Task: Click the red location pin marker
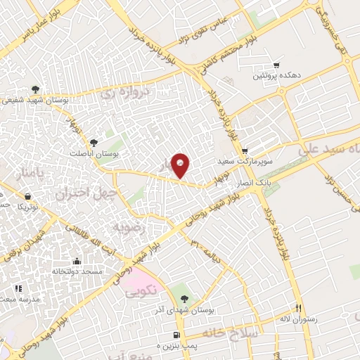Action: [x=181, y=165]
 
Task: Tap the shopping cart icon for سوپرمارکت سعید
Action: [x=245, y=150]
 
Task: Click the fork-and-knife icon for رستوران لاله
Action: [x=298, y=308]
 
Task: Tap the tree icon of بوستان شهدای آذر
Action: [x=185, y=298]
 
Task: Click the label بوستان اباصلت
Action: [x=95, y=153]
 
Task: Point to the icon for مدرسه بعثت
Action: [x=19, y=288]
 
